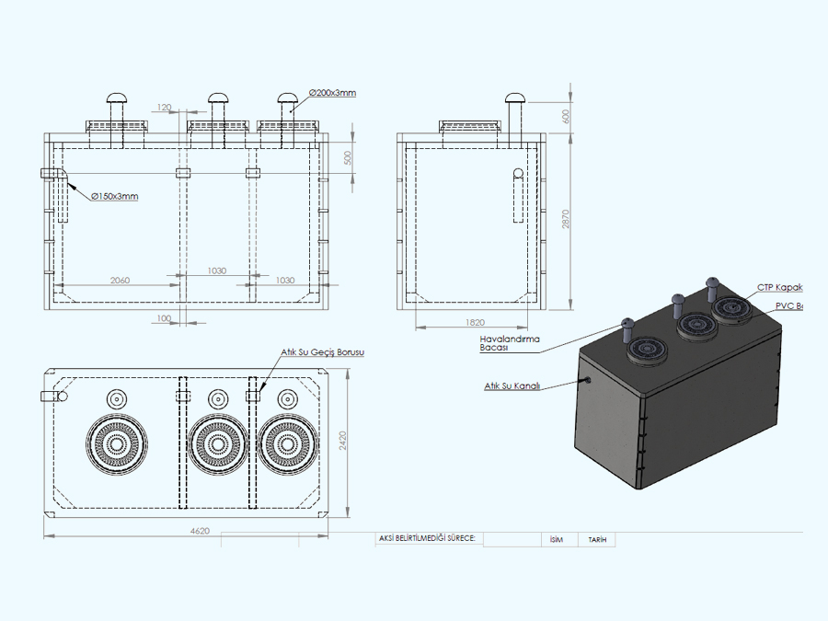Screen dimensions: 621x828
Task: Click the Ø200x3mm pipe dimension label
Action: coord(332,93)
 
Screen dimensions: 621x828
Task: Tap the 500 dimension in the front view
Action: coord(347,157)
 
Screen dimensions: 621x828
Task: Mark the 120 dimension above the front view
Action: coord(165,108)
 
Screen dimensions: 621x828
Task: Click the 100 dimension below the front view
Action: coord(165,318)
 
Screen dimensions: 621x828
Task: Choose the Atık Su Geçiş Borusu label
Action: coord(325,353)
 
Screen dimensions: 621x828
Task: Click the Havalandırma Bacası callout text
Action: coord(511,343)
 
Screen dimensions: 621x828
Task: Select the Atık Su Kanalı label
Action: coord(511,386)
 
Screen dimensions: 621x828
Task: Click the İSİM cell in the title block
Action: coord(555,540)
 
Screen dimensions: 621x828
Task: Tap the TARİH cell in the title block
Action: coord(597,540)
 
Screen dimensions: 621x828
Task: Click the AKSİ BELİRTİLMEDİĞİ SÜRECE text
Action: coord(427,539)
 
